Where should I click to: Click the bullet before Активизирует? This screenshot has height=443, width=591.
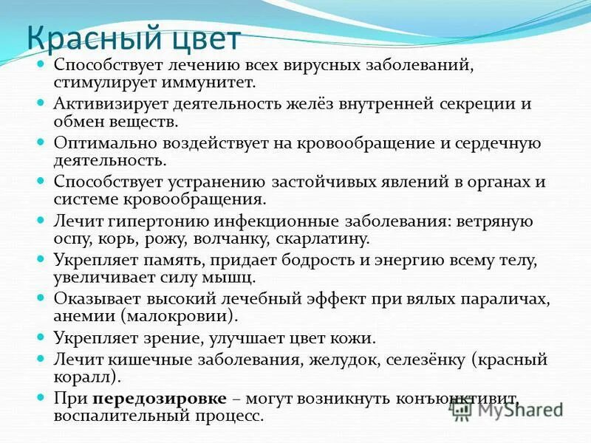tap(42, 104)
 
